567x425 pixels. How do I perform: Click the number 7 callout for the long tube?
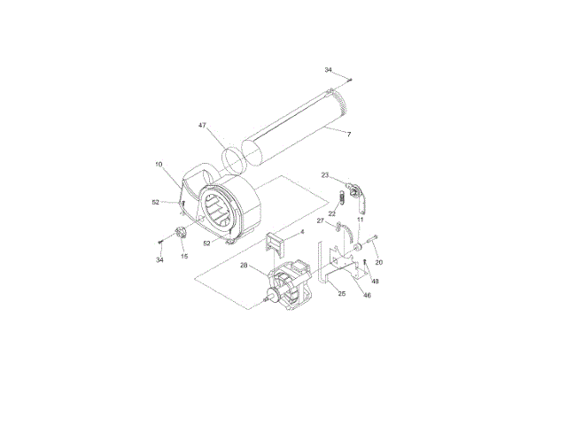348,135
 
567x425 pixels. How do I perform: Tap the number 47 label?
202,126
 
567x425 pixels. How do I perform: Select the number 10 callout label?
159,165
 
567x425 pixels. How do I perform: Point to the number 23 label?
325,175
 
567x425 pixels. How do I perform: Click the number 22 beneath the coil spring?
332,214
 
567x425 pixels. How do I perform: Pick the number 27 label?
321,220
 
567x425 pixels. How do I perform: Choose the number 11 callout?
361,220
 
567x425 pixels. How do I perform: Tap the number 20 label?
378,262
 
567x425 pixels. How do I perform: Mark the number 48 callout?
376,282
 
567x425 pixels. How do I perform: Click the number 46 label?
367,295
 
